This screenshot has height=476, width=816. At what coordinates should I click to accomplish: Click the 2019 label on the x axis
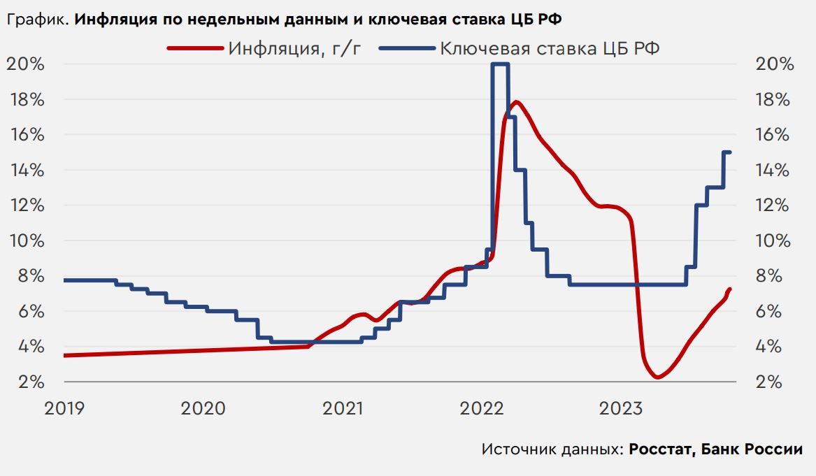coord(64,407)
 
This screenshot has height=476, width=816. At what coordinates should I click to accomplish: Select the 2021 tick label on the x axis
coord(343,407)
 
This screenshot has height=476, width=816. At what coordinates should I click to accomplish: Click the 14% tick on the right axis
coord(775,171)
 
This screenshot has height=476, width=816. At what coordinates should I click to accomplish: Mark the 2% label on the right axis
coord(775,382)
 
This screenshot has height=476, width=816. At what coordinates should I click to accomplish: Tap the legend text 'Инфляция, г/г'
coord(294,48)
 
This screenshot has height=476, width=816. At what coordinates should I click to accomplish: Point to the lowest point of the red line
coord(657,377)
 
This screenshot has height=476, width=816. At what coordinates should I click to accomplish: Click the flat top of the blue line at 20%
coord(499,64)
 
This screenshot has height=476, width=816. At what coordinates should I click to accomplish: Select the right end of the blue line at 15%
coord(729,152)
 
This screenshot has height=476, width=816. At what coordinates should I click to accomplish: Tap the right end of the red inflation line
coord(729,289)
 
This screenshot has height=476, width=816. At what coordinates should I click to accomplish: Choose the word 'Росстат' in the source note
coord(659,449)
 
